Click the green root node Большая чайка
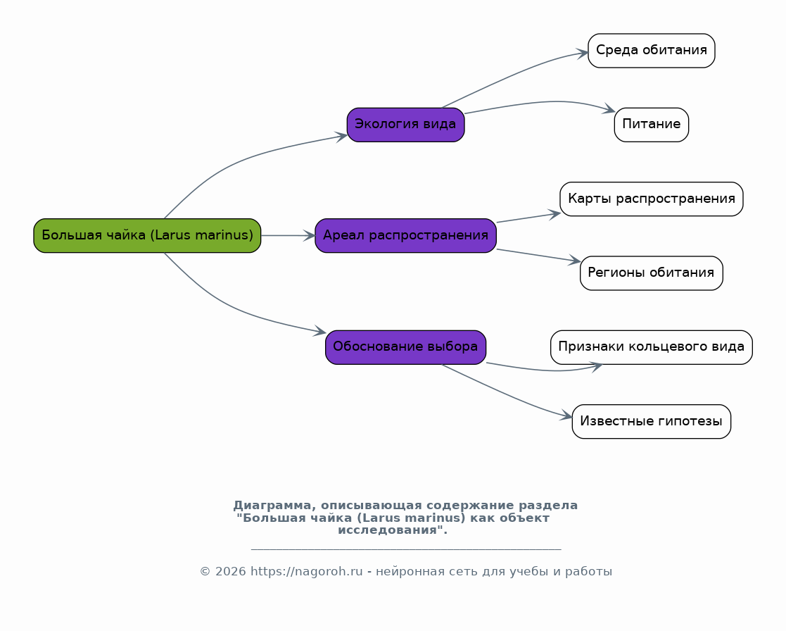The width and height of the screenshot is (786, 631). coord(147,235)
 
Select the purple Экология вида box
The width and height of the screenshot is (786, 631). coord(405,125)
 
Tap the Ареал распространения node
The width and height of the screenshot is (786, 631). coord(405,235)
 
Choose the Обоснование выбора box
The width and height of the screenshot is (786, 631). coord(405,346)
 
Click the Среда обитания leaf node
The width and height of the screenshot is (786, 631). coord(651,50)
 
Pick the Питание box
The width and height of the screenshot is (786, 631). coord(651,125)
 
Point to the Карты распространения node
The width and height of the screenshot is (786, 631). coord(651,199)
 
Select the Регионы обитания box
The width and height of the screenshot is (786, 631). coord(651,273)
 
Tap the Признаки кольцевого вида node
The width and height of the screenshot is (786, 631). coord(651,346)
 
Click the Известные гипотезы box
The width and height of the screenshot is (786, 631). coord(651,421)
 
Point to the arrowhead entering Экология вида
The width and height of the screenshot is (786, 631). coord(341,137)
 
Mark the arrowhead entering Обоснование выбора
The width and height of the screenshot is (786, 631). coord(319,330)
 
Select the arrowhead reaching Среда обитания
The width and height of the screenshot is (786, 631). coord(582,53)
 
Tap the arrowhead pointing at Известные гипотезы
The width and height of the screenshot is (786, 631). coord(566,416)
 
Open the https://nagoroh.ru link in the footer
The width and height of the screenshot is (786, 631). coord(306,571)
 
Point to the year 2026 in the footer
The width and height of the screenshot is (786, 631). coord(230,571)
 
